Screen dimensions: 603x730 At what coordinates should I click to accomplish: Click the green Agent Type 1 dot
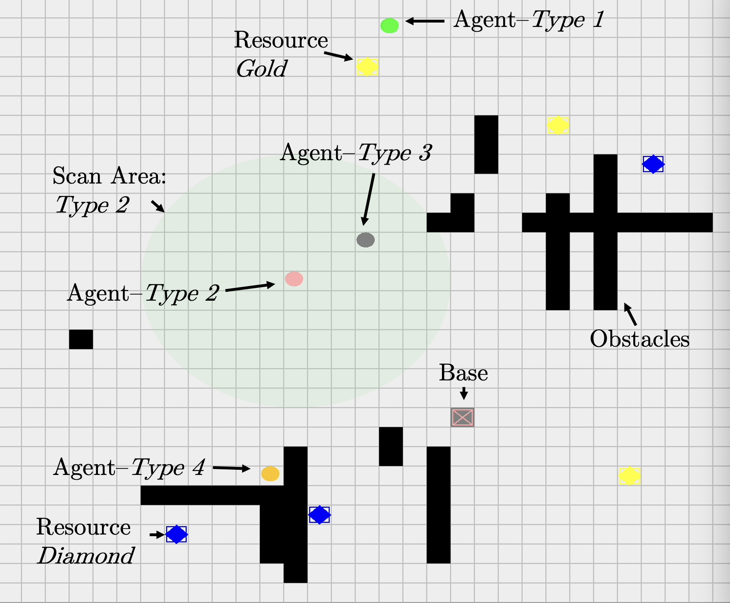(390, 25)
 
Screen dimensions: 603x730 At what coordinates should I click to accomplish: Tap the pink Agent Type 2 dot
(294, 279)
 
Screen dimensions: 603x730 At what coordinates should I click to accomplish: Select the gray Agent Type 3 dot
(365, 240)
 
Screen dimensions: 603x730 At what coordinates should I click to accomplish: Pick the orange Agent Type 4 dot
(270, 473)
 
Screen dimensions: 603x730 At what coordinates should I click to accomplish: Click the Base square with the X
(462, 417)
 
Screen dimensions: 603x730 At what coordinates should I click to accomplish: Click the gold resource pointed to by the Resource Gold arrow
(367, 66)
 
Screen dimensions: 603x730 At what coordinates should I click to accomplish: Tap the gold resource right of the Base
(629, 476)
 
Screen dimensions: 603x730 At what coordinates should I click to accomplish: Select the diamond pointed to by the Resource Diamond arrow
(176, 534)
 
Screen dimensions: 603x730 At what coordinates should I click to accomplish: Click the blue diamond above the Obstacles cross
(653, 164)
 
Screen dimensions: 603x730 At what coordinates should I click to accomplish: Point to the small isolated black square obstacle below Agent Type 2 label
(81, 339)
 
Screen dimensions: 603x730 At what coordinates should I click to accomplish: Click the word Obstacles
(639, 339)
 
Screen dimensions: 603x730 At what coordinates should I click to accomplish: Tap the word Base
(463, 373)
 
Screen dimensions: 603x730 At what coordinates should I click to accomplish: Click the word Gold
(261, 69)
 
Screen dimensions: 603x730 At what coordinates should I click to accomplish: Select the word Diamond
(86, 556)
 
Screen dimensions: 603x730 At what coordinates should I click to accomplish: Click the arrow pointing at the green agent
(425, 21)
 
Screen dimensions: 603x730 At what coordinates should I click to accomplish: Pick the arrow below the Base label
(464, 393)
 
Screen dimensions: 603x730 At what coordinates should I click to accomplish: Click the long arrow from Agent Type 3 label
(369, 200)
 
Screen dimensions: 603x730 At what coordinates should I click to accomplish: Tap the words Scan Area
(109, 176)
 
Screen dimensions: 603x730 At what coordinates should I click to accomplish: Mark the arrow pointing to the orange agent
(231, 468)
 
